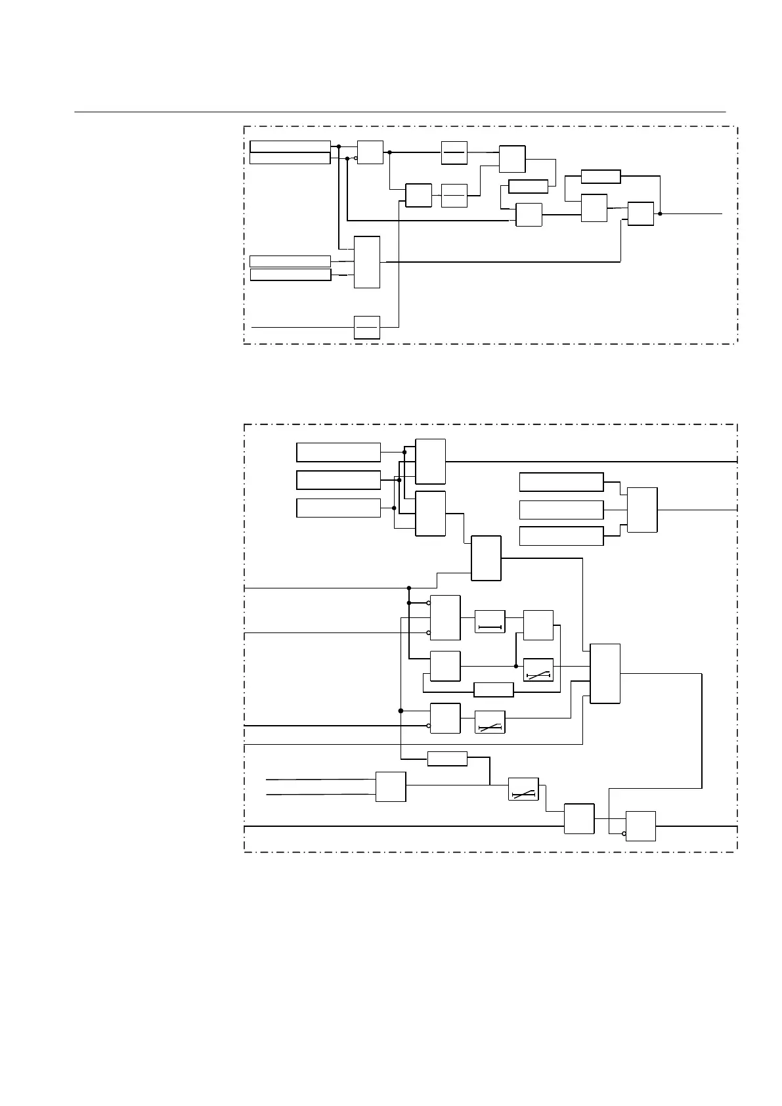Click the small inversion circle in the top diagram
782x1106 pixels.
pyautogui.click(x=356, y=158)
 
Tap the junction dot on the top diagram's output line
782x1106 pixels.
pyautogui.click(x=660, y=213)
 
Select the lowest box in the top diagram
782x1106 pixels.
pyautogui.click(x=367, y=327)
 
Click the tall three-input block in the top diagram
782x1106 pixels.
pyautogui.click(x=367, y=262)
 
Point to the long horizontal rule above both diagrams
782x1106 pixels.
pyautogui.click(x=400, y=112)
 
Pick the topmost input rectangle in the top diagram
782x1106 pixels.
pyautogui.click(x=290, y=146)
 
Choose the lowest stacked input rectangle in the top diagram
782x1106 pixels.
pyautogui.click(x=290, y=275)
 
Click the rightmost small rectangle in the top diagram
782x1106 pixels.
pyautogui.click(x=601, y=176)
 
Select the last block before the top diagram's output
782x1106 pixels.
pyautogui.click(x=640, y=214)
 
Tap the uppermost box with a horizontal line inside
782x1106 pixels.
pyautogui.click(x=454, y=152)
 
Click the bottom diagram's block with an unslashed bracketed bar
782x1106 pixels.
pyautogui.click(x=490, y=622)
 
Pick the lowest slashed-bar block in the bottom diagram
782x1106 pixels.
pyautogui.click(x=523, y=789)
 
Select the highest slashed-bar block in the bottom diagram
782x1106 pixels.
pyautogui.click(x=538, y=670)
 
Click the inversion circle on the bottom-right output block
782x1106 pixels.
pyautogui.click(x=624, y=834)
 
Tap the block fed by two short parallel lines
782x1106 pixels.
pyautogui.click(x=391, y=787)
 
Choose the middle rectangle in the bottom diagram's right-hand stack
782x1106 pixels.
pyautogui.click(x=561, y=510)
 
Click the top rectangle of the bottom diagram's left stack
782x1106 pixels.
pyautogui.click(x=338, y=453)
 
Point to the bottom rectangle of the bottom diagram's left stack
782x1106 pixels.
pyautogui.click(x=338, y=508)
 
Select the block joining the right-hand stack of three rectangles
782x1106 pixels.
pyautogui.click(x=642, y=510)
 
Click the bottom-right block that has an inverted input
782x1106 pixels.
pyautogui.click(x=640, y=826)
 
